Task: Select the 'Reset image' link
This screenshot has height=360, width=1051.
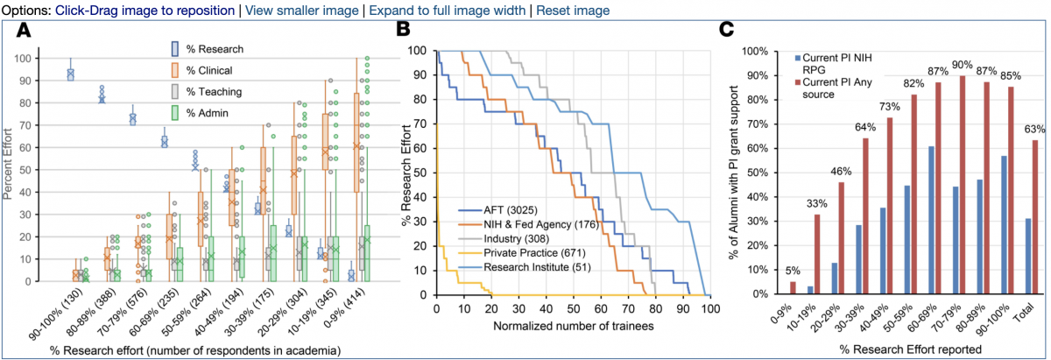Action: click(573, 11)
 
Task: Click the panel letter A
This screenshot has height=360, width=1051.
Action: click(24, 32)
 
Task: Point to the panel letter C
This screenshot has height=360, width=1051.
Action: click(726, 30)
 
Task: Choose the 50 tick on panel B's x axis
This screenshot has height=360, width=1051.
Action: click(573, 308)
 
